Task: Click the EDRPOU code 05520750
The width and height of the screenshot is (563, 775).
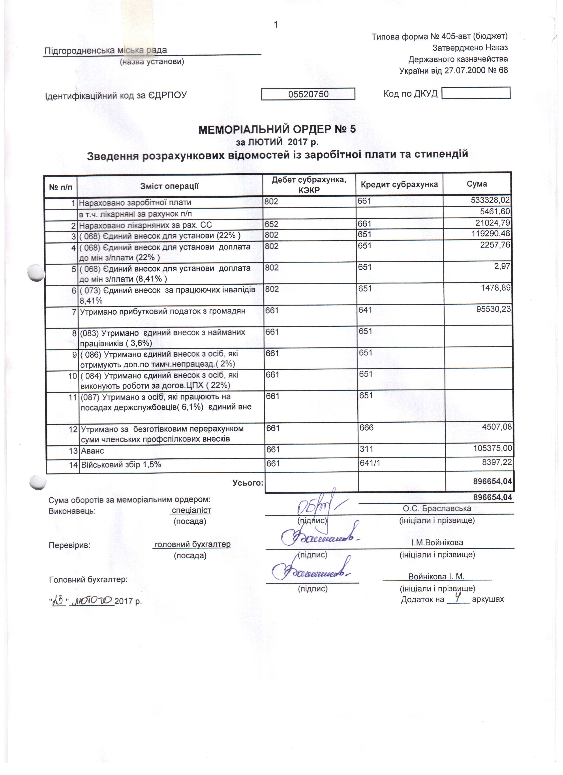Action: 308,94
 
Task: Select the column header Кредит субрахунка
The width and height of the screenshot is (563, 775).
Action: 399,185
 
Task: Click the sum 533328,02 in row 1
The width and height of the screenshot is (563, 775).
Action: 490,200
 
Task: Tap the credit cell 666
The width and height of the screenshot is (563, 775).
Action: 366,427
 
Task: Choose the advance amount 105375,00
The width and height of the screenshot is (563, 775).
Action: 493,448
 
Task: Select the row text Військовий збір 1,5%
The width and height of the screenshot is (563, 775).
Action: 121,465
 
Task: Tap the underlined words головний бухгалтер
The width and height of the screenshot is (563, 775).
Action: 192,544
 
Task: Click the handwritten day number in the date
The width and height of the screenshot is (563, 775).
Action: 59,601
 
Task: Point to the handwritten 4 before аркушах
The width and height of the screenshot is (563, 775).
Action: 458,598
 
